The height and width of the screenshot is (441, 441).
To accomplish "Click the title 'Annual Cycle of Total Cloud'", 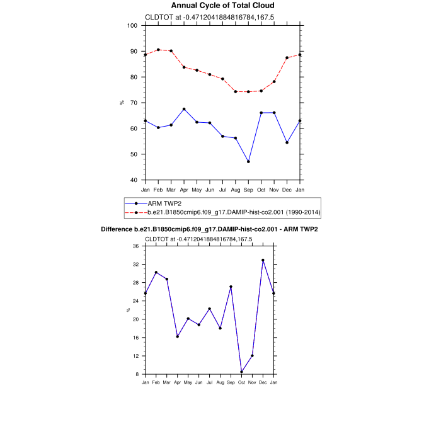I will coord(222,6).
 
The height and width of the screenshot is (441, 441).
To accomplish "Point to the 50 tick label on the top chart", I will coord(134,154).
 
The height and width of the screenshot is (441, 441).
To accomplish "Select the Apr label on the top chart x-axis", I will coord(184,190).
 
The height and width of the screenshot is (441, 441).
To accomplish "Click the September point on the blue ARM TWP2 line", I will coord(248,162).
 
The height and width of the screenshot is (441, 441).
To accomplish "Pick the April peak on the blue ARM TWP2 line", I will coord(184,109).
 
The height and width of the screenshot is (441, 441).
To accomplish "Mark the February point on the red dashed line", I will coord(158,50).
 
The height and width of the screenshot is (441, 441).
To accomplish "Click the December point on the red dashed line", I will coord(287,57).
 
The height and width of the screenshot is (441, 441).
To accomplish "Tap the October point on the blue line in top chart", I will coord(261,113).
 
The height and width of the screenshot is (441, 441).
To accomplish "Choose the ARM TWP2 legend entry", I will coord(160,203).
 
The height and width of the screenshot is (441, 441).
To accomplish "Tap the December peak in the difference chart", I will coord(263,260).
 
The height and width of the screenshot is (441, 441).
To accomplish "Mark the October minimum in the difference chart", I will coord(241,372).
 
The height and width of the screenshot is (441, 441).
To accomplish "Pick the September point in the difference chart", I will coord(231,287).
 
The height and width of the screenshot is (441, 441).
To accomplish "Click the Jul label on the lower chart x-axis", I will coord(209,382).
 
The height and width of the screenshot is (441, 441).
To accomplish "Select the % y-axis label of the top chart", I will coord(122,103).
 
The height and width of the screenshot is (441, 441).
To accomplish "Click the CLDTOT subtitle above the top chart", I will coord(199,17).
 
